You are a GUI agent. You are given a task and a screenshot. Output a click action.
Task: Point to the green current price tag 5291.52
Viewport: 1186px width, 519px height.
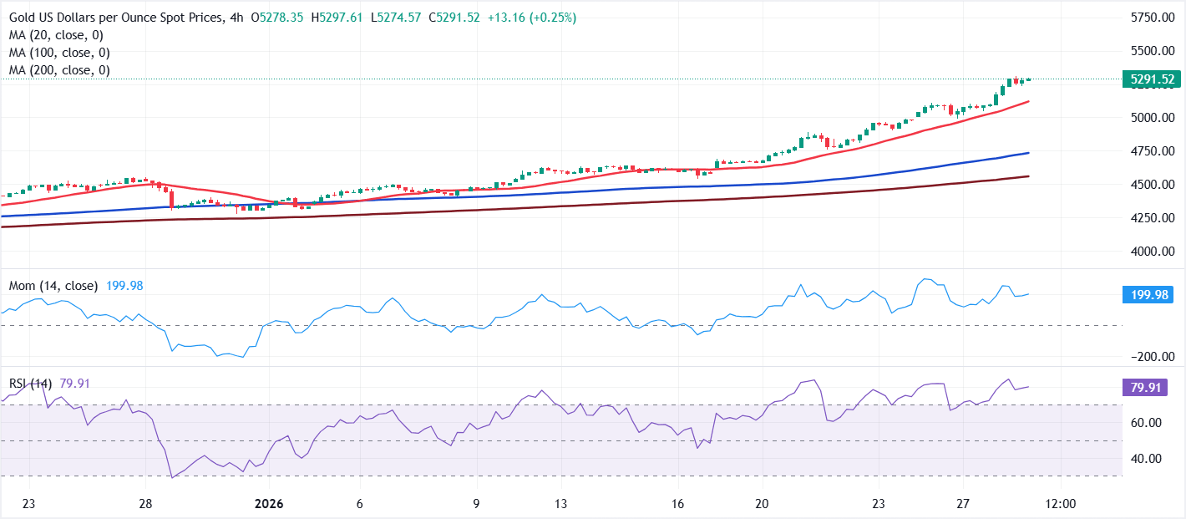click(x=1152, y=79)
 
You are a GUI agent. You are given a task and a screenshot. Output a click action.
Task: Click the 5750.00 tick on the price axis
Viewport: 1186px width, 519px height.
click(x=1152, y=18)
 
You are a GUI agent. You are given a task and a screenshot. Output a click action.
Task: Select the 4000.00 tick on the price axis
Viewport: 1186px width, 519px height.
click(x=1152, y=251)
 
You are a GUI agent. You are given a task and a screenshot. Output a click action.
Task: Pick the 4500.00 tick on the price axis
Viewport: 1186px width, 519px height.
click(x=1152, y=184)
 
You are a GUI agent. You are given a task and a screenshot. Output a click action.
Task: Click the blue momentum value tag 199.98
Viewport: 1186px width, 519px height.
click(x=1152, y=294)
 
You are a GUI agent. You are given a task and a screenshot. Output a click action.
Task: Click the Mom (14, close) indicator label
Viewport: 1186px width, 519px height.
click(x=53, y=286)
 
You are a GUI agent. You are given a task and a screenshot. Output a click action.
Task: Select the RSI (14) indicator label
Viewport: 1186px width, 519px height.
click(x=31, y=384)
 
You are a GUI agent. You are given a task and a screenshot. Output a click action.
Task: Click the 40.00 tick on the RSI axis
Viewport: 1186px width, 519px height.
click(x=1152, y=458)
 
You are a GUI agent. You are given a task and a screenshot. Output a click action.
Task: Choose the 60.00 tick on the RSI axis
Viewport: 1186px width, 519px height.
click(x=1152, y=423)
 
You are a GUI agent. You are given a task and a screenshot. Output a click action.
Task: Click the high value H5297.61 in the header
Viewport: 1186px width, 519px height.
click(x=337, y=18)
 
